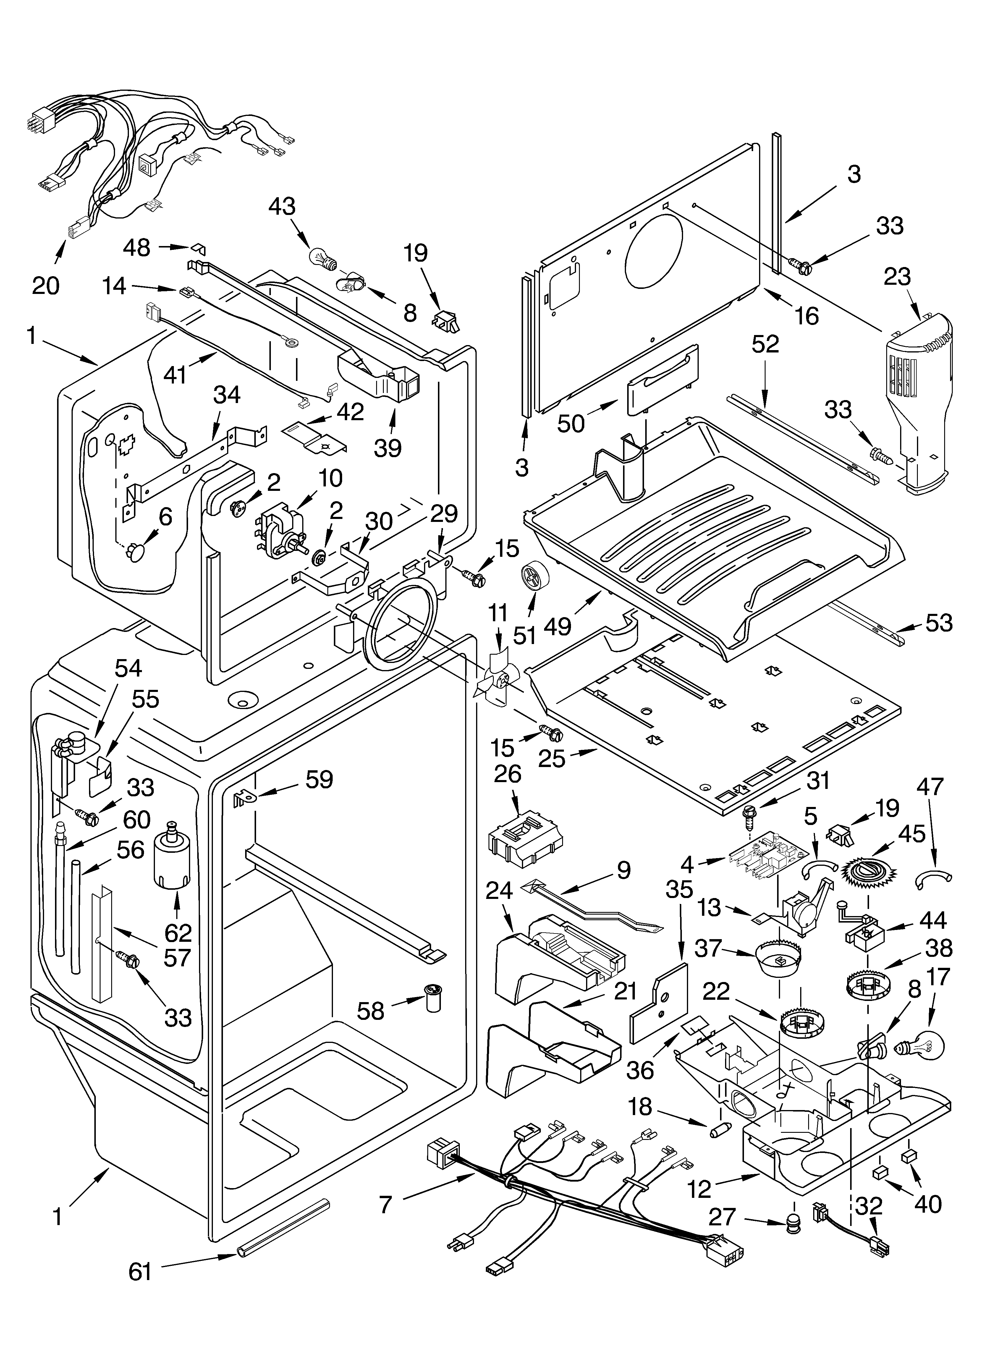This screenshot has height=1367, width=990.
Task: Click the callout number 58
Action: coord(370,1011)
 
